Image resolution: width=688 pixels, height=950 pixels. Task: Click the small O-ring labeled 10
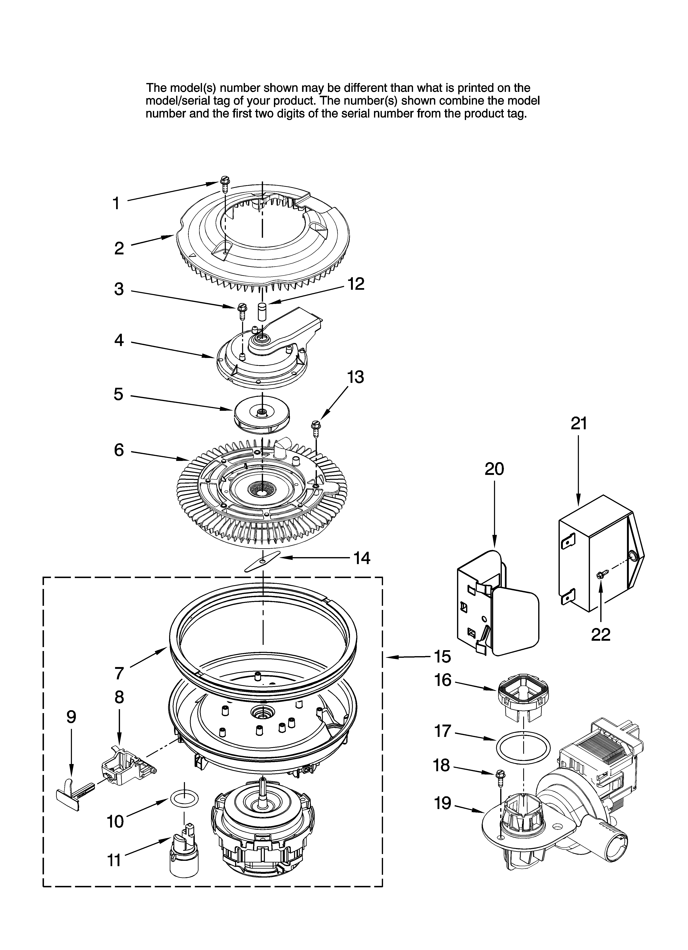[184, 800]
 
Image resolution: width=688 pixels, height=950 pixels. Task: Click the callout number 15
[442, 657]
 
